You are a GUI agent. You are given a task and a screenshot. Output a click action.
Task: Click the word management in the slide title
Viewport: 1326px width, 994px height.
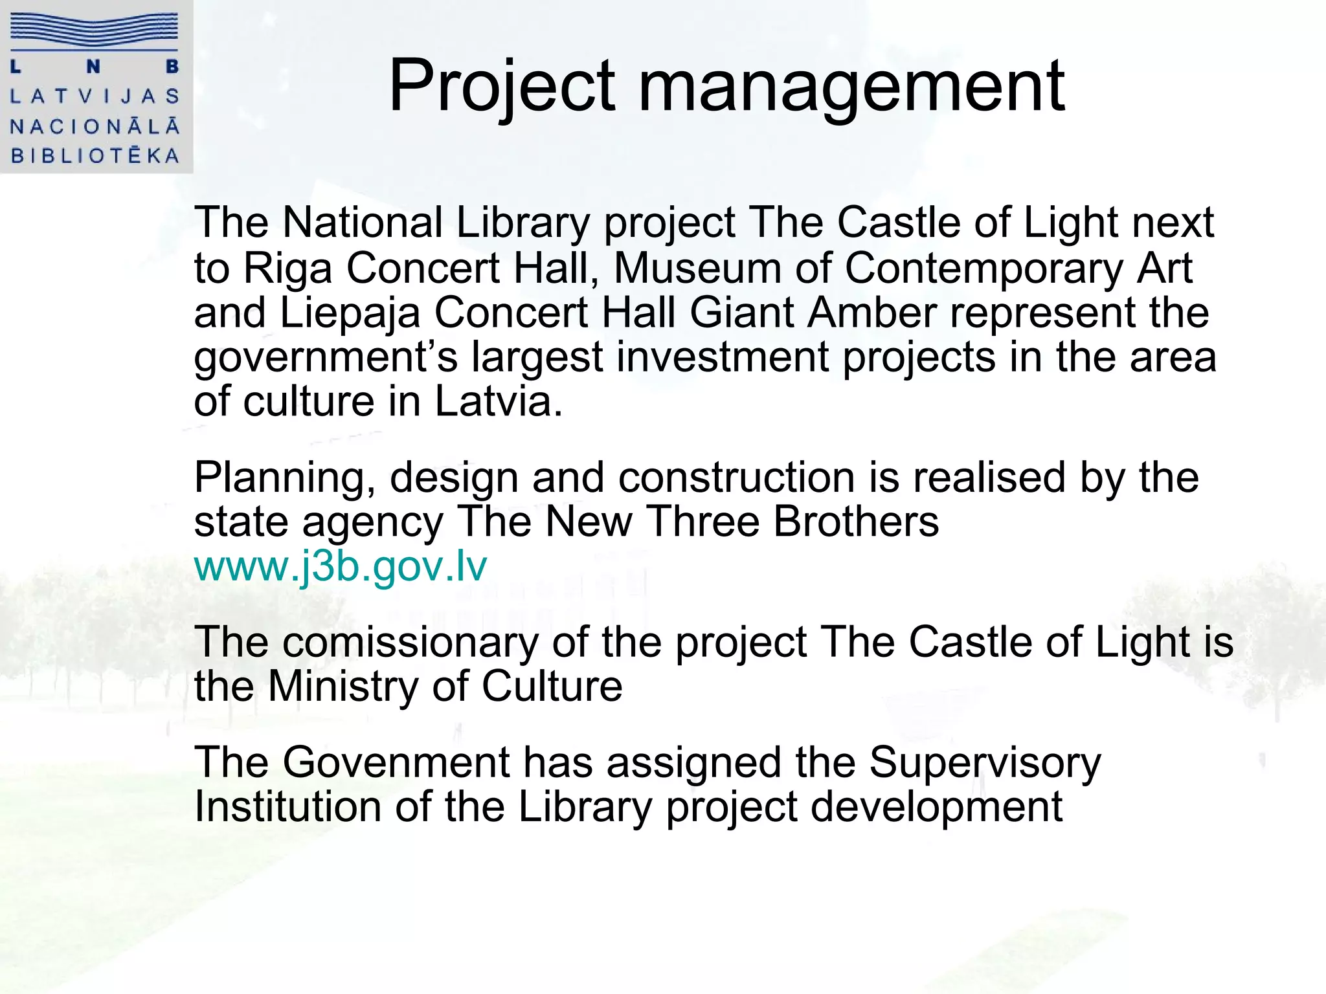851,87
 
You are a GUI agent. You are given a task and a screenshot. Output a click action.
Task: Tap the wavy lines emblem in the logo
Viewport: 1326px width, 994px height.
95,31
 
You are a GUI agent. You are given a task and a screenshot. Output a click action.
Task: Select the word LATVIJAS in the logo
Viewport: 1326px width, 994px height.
95,96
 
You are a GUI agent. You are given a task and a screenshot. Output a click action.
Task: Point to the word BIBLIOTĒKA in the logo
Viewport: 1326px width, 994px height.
95,156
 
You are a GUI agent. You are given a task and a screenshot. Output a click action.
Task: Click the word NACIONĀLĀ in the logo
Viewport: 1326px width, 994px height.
95,126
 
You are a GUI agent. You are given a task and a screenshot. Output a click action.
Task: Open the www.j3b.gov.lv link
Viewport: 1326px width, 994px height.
341,566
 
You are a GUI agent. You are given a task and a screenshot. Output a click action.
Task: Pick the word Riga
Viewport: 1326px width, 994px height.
287,268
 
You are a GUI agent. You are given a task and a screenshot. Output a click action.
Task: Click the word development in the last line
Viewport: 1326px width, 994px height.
936,808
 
